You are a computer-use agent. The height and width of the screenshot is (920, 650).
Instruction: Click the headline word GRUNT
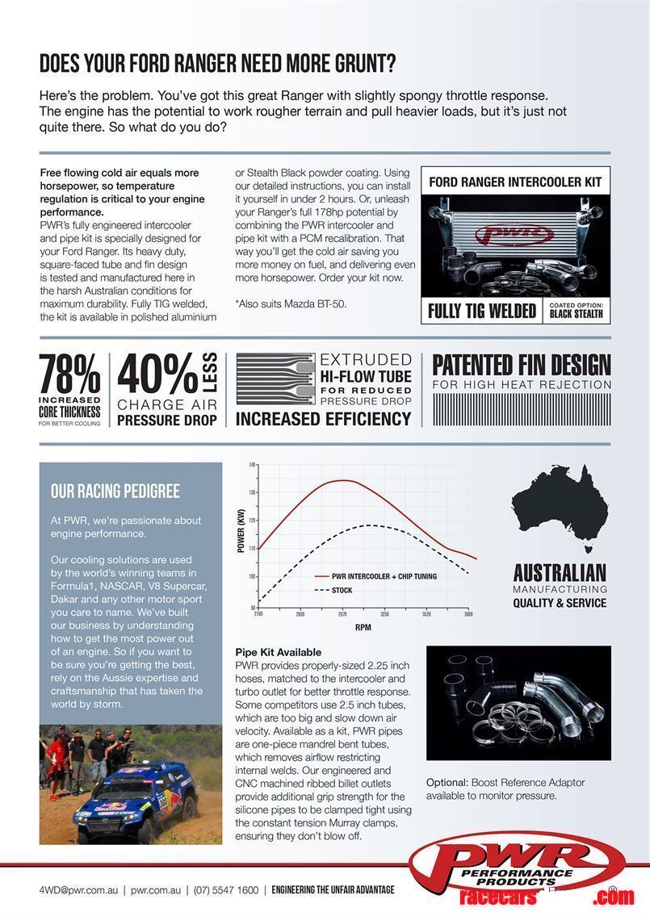[x=359, y=64]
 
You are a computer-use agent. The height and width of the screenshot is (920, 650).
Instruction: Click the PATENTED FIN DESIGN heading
[x=522, y=366]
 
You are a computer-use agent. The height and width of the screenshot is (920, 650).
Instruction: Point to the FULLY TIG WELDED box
[x=482, y=311]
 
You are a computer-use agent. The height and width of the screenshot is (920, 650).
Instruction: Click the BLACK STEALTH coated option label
[x=576, y=314]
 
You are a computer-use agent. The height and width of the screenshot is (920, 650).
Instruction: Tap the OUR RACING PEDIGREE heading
[x=115, y=491]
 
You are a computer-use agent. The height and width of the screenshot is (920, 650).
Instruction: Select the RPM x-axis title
[x=363, y=626]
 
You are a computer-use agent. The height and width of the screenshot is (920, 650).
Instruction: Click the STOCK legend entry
[x=342, y=591]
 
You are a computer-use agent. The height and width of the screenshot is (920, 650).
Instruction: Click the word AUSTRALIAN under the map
[x=560, y=573]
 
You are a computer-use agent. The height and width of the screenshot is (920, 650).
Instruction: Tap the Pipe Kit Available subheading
[x=279, y=652]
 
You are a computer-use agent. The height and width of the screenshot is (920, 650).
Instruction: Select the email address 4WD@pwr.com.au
[x=78, y=890]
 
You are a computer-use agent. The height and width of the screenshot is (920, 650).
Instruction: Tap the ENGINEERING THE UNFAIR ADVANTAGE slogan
[x=333, y=890]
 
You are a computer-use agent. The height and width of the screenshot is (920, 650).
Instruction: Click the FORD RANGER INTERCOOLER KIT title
[x=515, y=182]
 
